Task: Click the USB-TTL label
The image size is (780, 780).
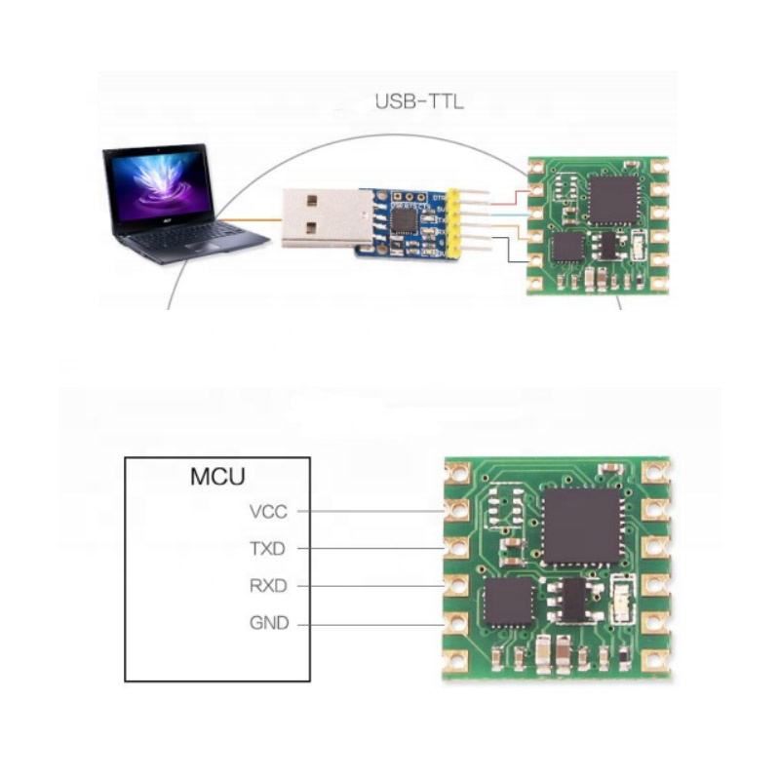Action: pos(419,99)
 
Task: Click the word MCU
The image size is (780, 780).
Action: pos(216,478)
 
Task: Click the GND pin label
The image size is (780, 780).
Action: pos(268,623)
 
